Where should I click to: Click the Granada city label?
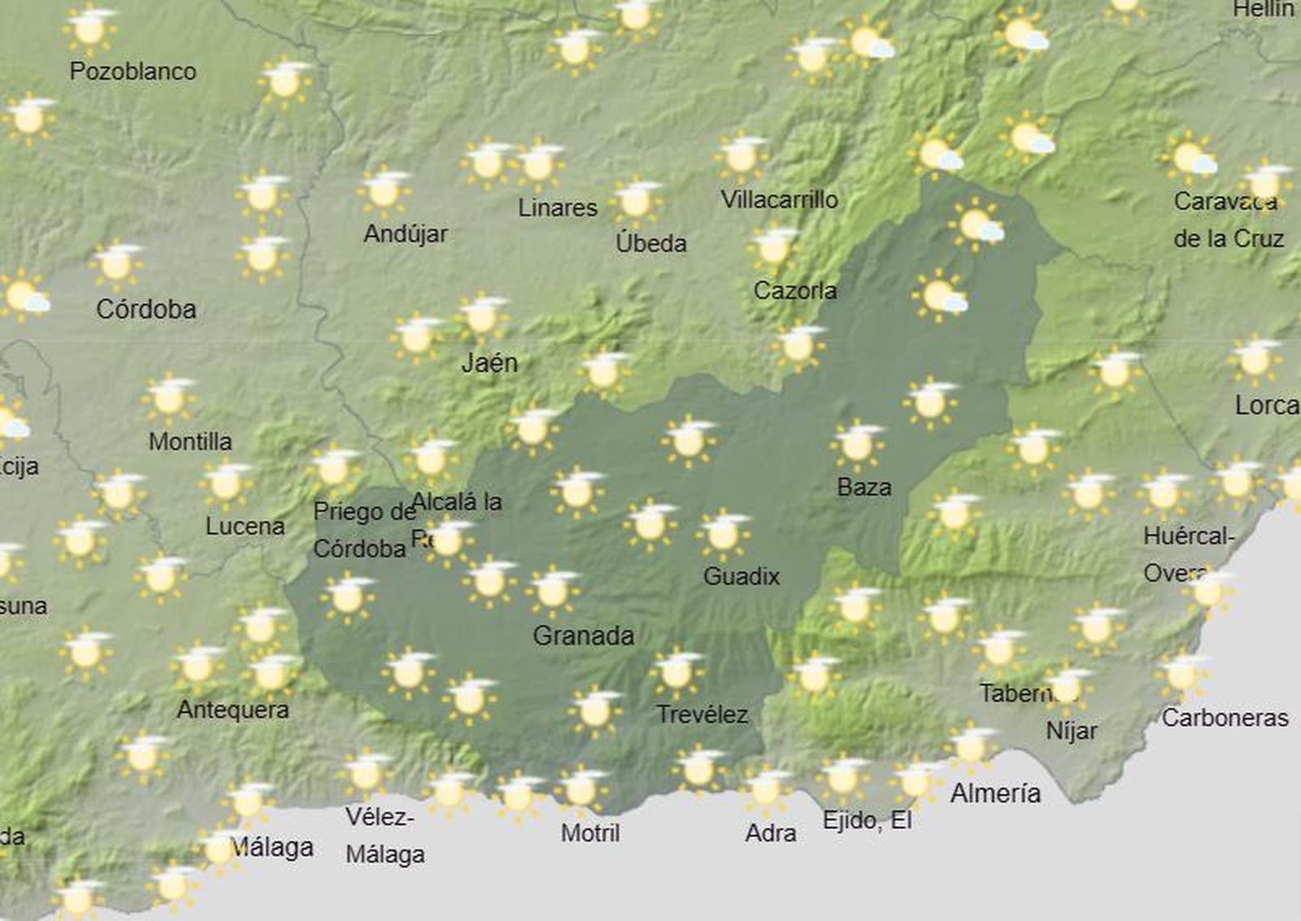[x=583, y=635]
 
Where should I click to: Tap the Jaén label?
[x=489, y=363]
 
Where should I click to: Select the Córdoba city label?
[x=146, y=309]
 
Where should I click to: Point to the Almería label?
[x=995, y=793]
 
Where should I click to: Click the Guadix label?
[x=741, y=576]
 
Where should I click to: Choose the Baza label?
[x=864, y=487]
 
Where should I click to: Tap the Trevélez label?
[x=702, y=715]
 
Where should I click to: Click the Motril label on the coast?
[x=590, y=832]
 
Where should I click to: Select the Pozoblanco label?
[x=133, y=72]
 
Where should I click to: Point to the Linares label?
[x=558, y=207]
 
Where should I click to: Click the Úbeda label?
[x=650, y=243]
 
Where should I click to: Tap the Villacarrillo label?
[x=779, y=199]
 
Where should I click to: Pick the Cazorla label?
[x=794, y=290]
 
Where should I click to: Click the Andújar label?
[x=405, y=234]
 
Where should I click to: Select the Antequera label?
[x=233, y=710]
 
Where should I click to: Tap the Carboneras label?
[x=1225, y=718]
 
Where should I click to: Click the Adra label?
[x=770, y=832]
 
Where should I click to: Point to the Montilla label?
[x=190, y=441]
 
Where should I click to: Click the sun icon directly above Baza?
[x=857, y=444]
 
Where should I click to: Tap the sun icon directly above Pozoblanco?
[x=89, y=28]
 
